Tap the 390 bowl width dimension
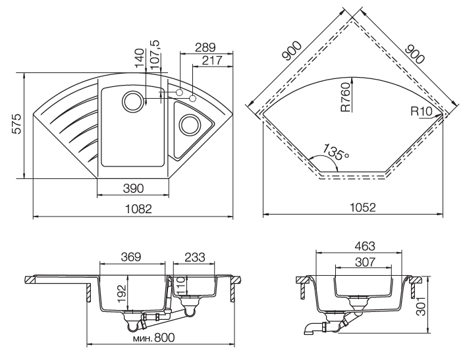pos(133,189)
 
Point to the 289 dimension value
pos(205,47)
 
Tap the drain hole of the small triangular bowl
pos(190,123)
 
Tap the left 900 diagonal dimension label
pos(291,51)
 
